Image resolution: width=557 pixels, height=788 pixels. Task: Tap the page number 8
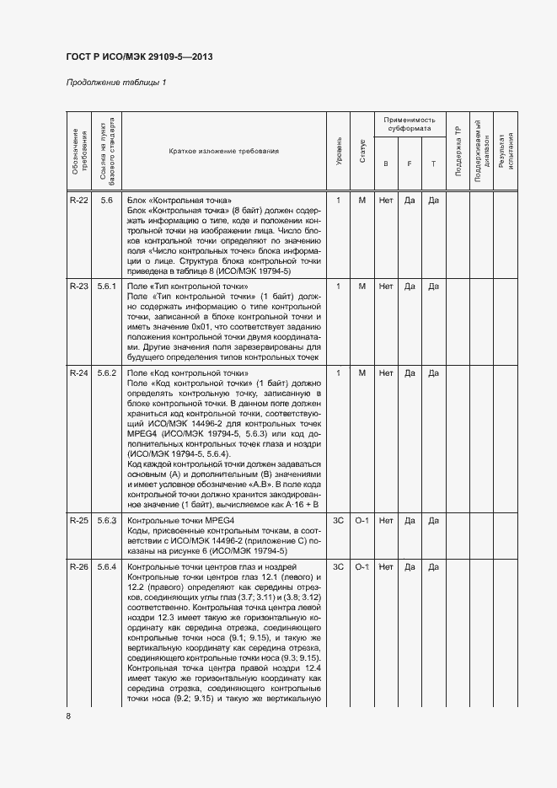[x=68, y=716]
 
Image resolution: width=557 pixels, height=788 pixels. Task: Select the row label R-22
[x=78, y=201]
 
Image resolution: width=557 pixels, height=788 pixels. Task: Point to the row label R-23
[x=78, y=287]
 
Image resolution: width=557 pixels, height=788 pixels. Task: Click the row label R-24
[x=78, y=373]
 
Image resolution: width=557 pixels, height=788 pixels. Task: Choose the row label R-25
[x=78, y=520]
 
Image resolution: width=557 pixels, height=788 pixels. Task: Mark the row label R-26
[x=78, y=566]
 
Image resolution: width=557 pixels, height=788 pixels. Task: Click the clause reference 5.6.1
[x=107, y=287]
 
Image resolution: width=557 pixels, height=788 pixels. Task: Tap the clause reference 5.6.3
[x=107, y=520]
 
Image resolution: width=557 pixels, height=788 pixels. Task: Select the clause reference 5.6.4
[x=107, y=566]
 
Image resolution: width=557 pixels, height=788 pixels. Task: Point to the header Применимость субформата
[x=409, y=124]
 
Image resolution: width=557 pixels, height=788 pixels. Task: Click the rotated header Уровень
[x=338, y=151]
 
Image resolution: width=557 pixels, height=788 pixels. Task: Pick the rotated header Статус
[x=362, y=151]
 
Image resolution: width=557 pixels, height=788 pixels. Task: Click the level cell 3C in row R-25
[x=338, y=520]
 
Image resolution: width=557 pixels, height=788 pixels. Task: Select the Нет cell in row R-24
[x=386, y=373]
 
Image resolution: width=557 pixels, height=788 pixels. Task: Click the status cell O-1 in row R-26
[x=362, y=566]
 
